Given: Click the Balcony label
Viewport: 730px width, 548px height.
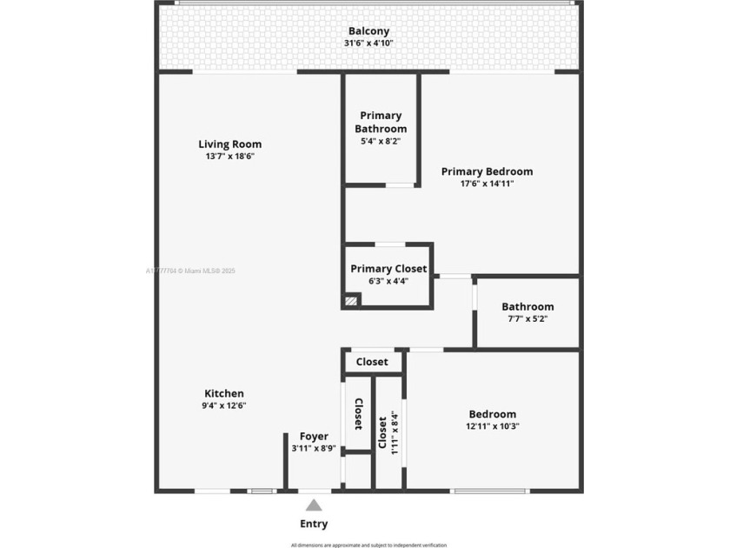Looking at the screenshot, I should pyautogui.click(x=368, y=31).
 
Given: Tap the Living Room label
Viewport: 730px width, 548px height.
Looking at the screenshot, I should pyautogui.click(x=229, y=144).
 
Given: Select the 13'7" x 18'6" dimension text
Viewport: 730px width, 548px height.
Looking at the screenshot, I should pyautogui.click(x=229, y=157).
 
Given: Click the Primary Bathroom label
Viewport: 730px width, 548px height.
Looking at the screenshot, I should pyautogui.click(x=381, y=122).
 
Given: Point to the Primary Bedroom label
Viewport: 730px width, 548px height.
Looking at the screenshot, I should pyautogui.click(x=487, y=171).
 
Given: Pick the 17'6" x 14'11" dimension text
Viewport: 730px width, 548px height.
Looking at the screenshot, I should pyautogui.click(x=487, y=184).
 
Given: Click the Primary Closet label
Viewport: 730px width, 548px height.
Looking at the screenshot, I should pyautogui.click(x=388, y=269).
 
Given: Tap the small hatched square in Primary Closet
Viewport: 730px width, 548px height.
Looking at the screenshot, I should pyautogui.click(x=351, y=301).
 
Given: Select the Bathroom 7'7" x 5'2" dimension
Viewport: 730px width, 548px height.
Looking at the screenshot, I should pyautogui.click(x=528, y=319).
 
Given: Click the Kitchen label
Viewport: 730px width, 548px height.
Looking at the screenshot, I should pyautogui.click(x=224, y=393).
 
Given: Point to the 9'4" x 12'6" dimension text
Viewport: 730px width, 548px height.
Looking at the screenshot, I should pyautogui.click(x=224, y=405).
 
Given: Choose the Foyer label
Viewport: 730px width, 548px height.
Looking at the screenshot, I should pyautogui.click(x=314, y=437).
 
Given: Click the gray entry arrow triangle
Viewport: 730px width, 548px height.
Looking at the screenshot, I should pyautogui.click(x=314, y=505).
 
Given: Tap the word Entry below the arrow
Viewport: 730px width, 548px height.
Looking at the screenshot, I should pyautogui.click(x=314, y=524).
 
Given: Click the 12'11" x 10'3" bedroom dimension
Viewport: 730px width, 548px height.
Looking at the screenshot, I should pyautogui.click(x=493, y=426).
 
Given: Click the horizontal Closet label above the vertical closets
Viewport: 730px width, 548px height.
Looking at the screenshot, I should pyautogui.click(x=372, y=361).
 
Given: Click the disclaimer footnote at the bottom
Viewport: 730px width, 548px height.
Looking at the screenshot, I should pyautogui.click(x=368, y=545).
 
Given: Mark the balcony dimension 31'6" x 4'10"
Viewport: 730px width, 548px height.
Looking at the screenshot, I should pyautogui.click(x=368, y=43).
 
